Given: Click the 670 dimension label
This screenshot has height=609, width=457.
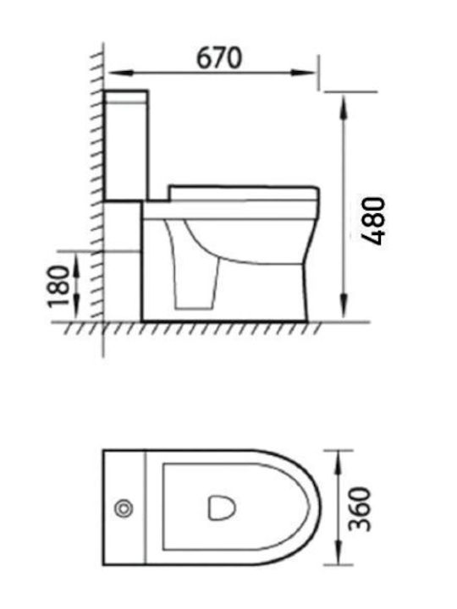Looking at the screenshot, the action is pos(219,58).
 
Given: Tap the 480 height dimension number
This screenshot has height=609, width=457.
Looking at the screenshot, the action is pos(372,221).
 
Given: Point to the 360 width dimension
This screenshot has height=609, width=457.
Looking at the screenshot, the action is pos(359,509).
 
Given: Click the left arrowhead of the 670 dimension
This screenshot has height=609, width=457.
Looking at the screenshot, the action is pos(120,73).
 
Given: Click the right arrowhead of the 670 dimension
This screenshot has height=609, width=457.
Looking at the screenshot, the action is pos(304,73).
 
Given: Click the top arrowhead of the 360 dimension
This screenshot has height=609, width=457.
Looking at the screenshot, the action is pos(338,462).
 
